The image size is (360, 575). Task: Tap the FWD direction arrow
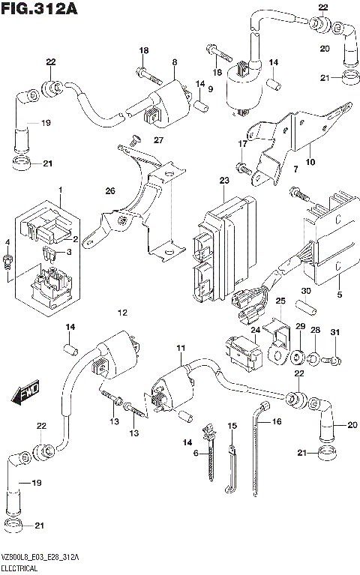27,393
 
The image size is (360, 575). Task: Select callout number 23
224,181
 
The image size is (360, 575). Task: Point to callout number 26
110,192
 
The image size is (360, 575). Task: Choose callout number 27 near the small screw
158,141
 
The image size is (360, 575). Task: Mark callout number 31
335,332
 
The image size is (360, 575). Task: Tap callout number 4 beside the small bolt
7,242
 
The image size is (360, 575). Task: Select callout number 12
123,312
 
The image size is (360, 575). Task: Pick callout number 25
280,301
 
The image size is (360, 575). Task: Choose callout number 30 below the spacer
306,292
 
